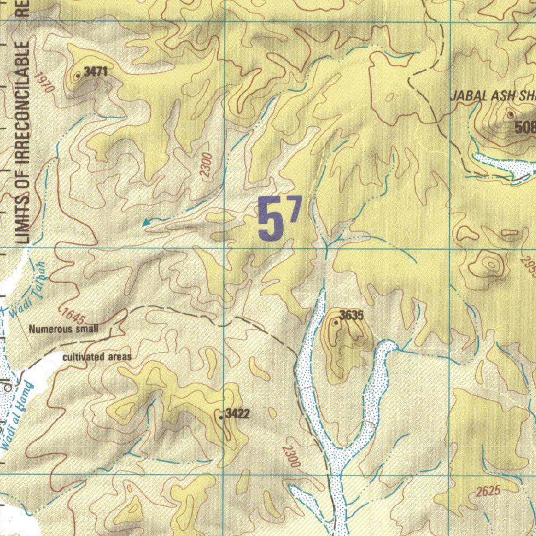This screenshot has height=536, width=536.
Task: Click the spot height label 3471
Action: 96,72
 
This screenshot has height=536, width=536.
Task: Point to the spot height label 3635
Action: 351,315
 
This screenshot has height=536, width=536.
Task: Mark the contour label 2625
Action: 489,491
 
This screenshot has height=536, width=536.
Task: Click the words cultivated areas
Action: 97,358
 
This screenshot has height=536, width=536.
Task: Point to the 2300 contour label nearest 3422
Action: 291,456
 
